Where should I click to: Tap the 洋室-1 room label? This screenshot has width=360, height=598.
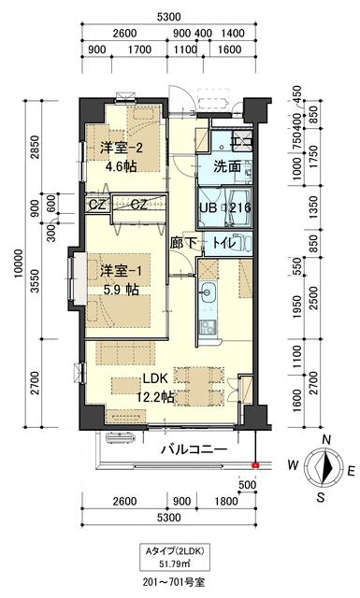(118, 273)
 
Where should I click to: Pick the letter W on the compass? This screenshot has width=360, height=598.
(292, 464)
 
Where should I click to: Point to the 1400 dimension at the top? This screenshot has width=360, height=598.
(234, 33)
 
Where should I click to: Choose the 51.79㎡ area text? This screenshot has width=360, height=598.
(170, 563)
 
